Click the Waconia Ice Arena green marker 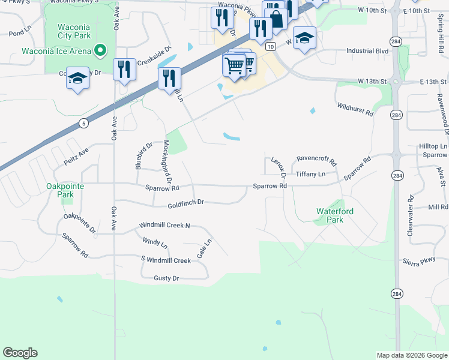(x=101, y=50)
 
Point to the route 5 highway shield (x=82, y=122)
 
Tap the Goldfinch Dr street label (x=187, y=203)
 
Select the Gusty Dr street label (x=166, y=278)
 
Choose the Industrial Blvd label (x=367, y=51)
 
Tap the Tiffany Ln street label (x=310, y=174)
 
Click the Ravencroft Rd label (x=317, y=161)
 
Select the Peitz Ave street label (x=76, y=156)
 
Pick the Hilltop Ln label (x=433, y=146)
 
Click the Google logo (x=20, y=353)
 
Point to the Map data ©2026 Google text (x=411, y=355)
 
